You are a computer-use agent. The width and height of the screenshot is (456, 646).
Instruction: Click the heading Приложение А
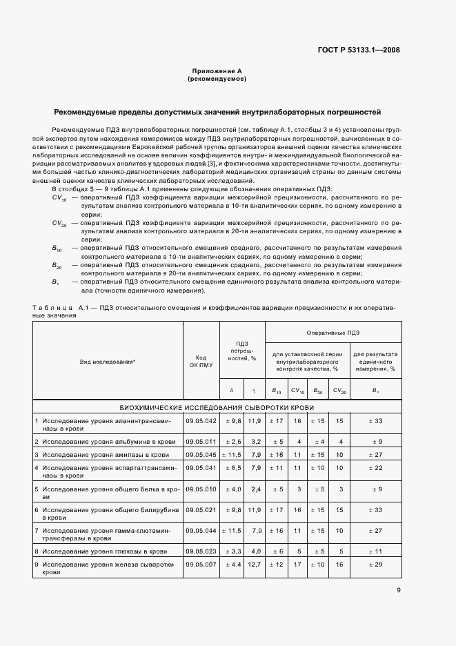217,72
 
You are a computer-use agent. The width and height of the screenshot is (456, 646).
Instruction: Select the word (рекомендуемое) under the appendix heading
217,79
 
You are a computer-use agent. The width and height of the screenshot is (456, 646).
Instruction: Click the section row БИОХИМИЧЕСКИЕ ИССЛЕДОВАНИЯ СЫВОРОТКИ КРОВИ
217,407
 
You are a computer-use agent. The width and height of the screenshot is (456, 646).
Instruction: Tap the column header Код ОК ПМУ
201,362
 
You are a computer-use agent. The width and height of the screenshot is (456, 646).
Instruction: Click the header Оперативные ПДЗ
333,333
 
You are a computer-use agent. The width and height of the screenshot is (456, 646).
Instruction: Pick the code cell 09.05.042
201,420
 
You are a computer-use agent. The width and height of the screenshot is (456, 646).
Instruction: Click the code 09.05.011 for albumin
201,440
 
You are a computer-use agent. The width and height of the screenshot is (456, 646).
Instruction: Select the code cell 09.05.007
201,565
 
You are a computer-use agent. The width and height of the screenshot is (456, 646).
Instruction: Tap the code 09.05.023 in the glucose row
201,551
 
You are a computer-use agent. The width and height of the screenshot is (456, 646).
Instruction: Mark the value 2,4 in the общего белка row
255,489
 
